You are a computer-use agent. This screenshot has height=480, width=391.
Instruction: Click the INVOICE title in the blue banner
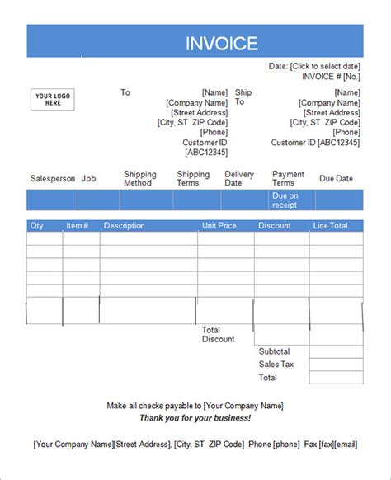click(x=221, y=44)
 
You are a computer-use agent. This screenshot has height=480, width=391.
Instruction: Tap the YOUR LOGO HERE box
click(x=53, y=100)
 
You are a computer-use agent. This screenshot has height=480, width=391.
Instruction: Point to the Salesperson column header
click(x=53, y=179)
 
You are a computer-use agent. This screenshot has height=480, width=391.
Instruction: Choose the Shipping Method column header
click(x=139, y=179)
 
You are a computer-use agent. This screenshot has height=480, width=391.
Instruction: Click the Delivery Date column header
click(x=239, y=179)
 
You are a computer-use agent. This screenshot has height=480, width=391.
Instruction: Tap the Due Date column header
click(x=336, y=179)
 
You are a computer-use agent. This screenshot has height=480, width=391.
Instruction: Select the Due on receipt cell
click(x=285, y=200)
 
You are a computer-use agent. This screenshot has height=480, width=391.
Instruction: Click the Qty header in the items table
click(x=37, y=226)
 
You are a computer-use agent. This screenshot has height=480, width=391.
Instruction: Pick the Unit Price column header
click(x=220, y=226)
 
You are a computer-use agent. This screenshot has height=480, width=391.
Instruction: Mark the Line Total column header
click(x=330, y=226)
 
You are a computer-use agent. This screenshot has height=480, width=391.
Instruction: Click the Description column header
click(x=125, y=226)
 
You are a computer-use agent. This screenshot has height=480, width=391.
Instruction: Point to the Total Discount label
click(x=219, y=335)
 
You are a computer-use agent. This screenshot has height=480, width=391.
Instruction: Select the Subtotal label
click(x=276, y=351)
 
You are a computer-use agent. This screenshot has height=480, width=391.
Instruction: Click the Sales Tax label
click(x=276, y=365)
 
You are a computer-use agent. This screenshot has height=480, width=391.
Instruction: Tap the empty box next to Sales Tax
click(x=337, y=365)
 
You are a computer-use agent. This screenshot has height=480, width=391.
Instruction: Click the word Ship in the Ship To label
click(x=243, y=92)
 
